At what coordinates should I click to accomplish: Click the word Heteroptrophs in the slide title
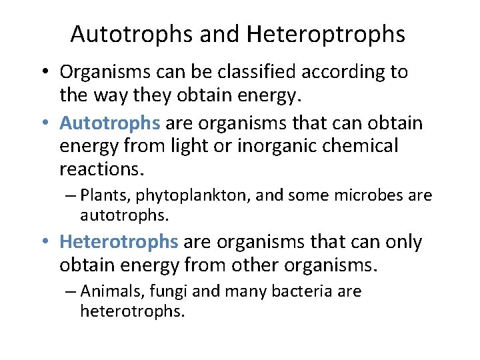tap(325, 34)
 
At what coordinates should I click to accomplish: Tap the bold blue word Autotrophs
tap(110, 123)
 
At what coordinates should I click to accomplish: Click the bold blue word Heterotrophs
tap(119, 241)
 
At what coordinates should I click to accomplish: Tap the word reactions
tap(101, 169)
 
